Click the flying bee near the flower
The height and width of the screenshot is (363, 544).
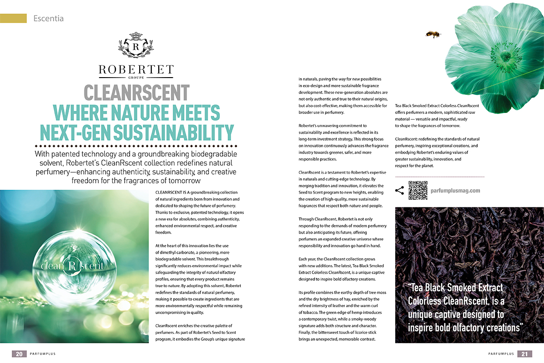(432, 34)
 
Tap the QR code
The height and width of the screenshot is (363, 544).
(418, 191)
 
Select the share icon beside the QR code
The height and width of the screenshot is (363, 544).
(399, 191)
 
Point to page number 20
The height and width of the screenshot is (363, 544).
(19, 353)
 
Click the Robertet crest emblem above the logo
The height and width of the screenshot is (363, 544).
(136, 45)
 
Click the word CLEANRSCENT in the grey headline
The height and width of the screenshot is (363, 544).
(136, 93)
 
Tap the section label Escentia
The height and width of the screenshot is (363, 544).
(48, 19)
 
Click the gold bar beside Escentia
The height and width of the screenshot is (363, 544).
(13, 19)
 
